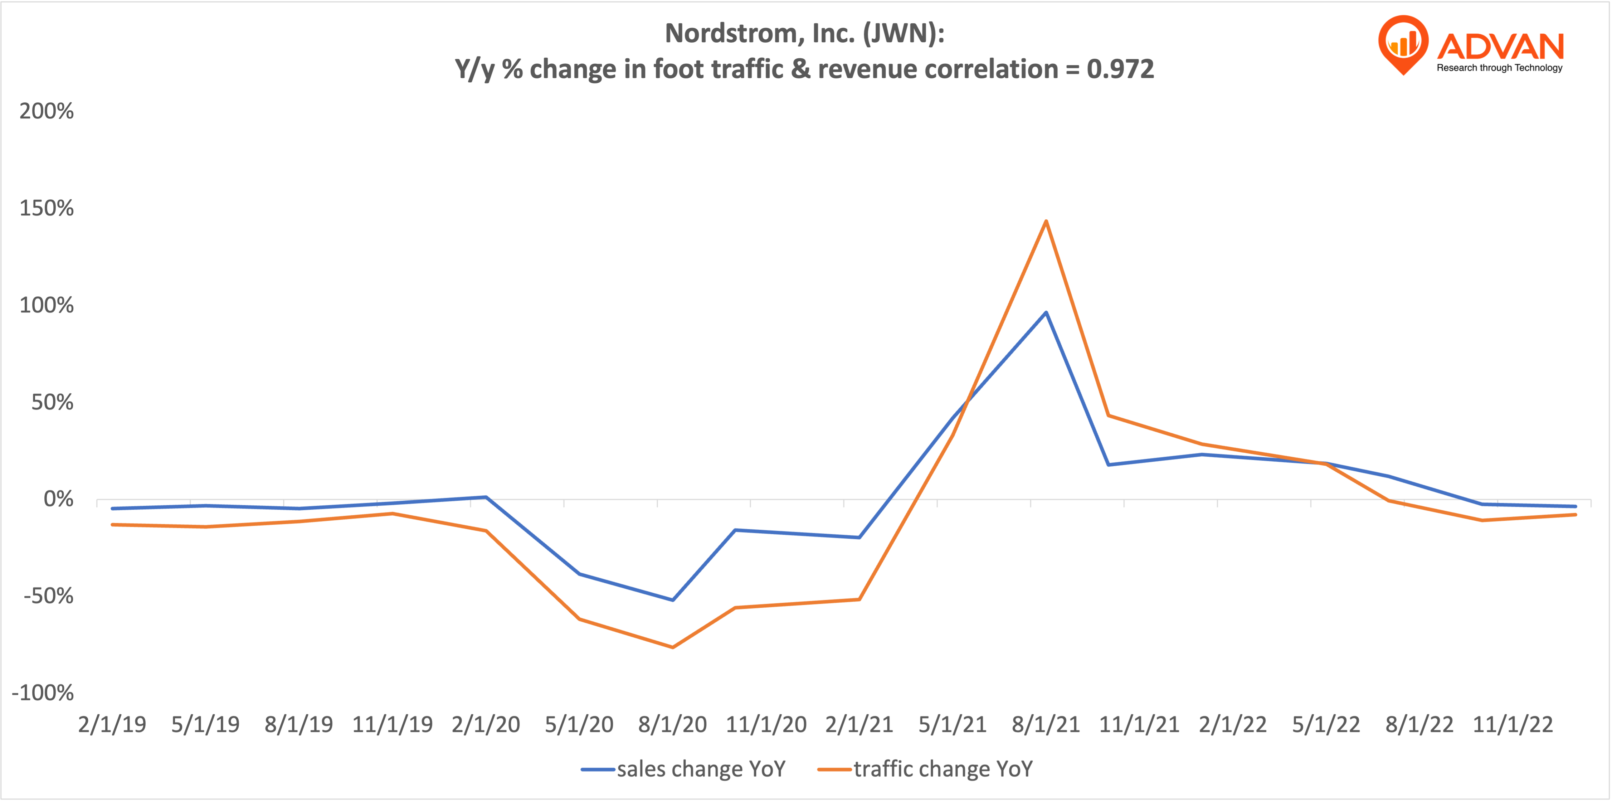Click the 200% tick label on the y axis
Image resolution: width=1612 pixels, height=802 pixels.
click(x=46, y=111)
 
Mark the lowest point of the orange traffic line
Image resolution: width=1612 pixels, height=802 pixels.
click(x=673, y=647)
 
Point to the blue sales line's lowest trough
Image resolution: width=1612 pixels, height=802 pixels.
click(x=673, y=600)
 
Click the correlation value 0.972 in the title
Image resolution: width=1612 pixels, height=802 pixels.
click(x=1120, y=69)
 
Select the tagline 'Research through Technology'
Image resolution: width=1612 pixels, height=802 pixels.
click(x=1499, y=68)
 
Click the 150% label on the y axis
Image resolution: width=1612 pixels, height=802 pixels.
click(x=46, y=209)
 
